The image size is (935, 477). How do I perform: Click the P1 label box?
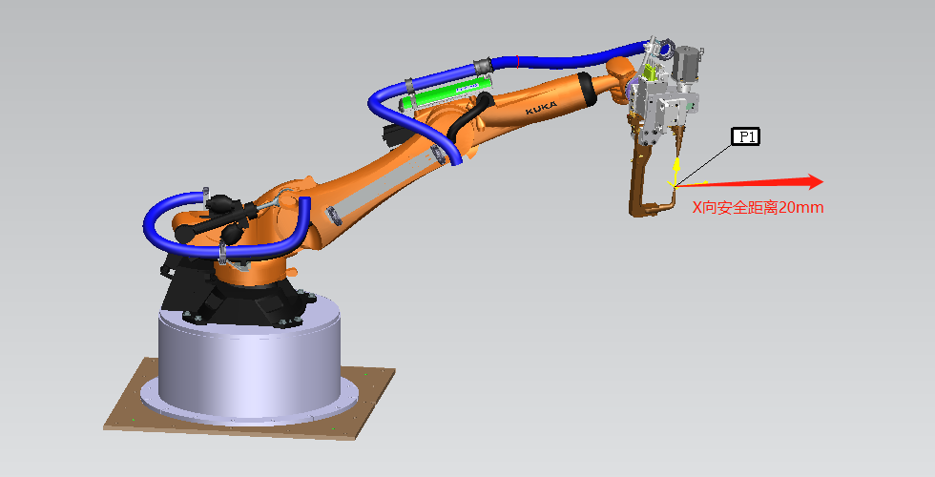[746, 136]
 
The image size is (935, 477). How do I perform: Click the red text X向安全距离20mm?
[758, 208]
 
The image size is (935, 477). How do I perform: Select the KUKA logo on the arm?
[542, 109]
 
